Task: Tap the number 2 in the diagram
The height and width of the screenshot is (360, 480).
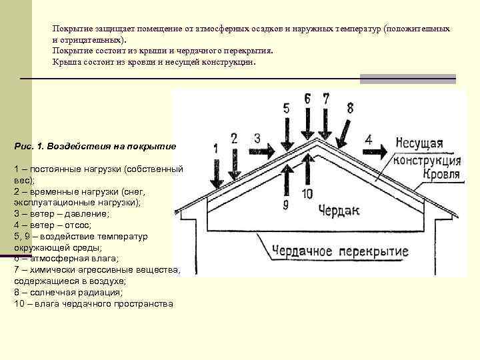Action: [x=234, y=138]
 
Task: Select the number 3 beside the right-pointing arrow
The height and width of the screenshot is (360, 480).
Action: [x=257, y=138]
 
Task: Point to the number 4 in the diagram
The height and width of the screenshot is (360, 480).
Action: [x=369, y=139]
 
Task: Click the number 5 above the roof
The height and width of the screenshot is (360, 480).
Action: [x=286, y=108]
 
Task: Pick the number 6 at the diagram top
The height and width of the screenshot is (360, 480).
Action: [x=307, y=99]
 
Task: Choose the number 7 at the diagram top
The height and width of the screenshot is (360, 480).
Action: [x=325, y=99]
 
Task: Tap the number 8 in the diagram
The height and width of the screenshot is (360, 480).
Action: [x=350, y=107]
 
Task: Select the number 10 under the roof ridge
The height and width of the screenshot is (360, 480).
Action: [x=307, y=193]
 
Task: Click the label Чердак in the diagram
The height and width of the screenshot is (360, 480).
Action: [x=339, y=210]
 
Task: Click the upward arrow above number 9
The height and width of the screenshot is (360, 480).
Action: [x=286, y=181]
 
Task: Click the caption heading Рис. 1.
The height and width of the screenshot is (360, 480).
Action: [x=31, y=145]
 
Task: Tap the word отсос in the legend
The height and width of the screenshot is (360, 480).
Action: [x=75, y=225]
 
